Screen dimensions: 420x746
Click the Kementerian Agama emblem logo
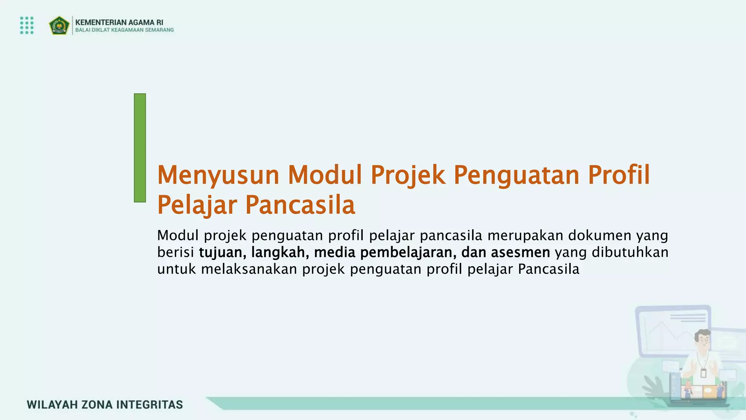[x=59, y=26]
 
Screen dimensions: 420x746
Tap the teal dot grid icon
[x=27, y=25]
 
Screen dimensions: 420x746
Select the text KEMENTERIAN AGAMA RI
[x=119, y=22]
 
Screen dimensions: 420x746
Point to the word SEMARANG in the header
[x=159, y=30]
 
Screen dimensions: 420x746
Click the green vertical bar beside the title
[x=140, y=148]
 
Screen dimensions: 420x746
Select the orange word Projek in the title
[x=408, y=175]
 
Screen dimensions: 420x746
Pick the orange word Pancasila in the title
[x=300, y=205]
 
